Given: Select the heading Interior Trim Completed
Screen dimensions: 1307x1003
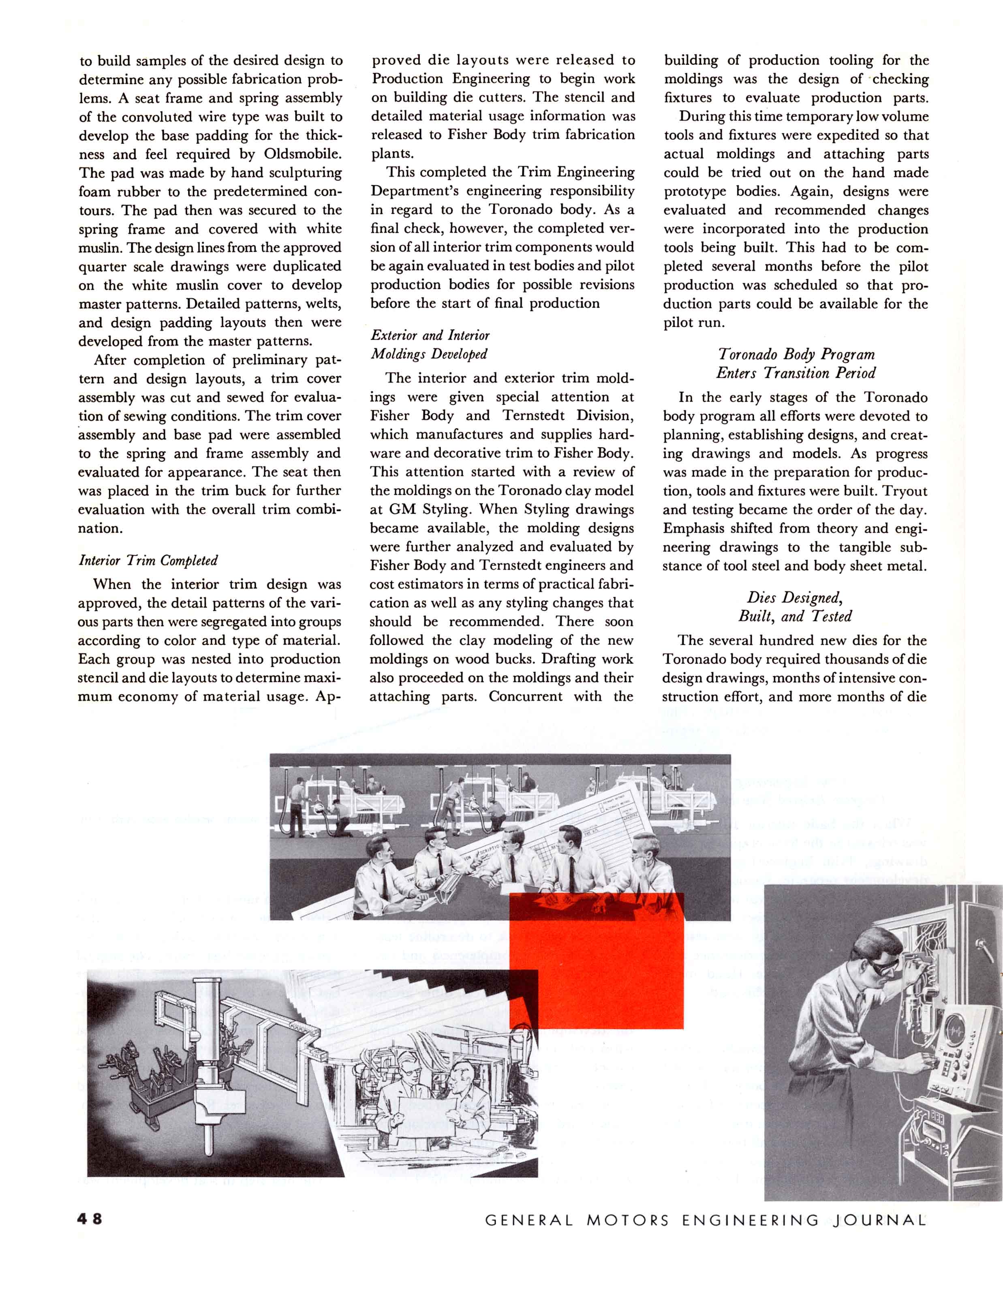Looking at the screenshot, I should click(x=148, y=560).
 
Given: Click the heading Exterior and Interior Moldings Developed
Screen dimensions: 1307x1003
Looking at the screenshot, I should click(x=430, y=344).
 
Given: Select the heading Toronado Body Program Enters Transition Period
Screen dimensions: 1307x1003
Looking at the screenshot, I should click(x=796, y=364).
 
